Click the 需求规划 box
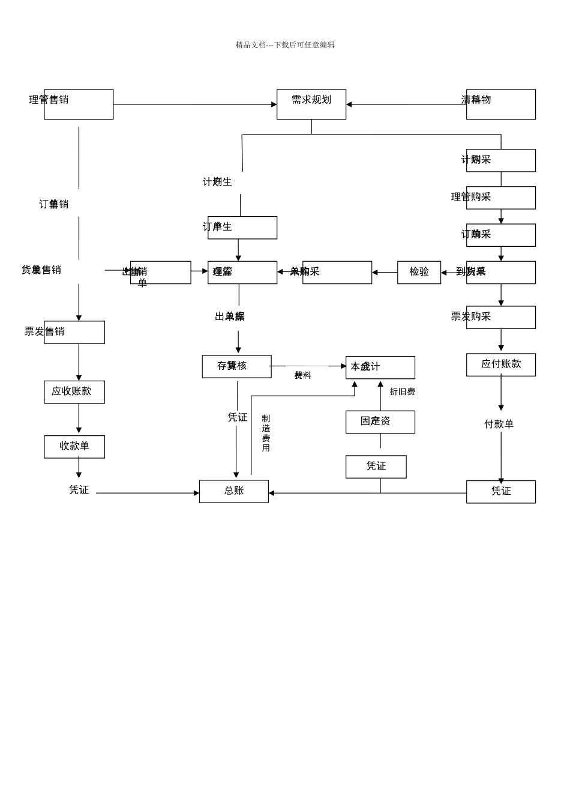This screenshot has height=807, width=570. [311, 104]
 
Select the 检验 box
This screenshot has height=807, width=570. [419, 272]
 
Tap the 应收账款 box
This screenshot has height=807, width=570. [74, 391]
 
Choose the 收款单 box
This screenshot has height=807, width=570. [74, 447]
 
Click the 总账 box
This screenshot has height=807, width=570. [233, 491]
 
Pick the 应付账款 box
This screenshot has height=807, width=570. [500, 364]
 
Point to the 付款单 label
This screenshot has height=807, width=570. [499, 424]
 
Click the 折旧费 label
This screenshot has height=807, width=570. [402, 391]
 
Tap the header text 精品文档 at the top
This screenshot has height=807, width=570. [284, 45]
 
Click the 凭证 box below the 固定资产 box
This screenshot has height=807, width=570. [376, 467]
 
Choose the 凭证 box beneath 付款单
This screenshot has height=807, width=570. [500, 491]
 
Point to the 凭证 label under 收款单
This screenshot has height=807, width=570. [79, 490]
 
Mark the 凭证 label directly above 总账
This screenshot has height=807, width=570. [237, 417]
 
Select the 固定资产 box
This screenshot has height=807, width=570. [380, 422]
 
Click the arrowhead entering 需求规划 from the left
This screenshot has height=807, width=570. [274, 104]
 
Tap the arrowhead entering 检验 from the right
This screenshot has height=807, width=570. [444, 273]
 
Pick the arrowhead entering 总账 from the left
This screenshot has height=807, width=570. [196, 493]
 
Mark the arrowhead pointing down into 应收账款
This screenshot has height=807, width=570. [79, 378]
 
